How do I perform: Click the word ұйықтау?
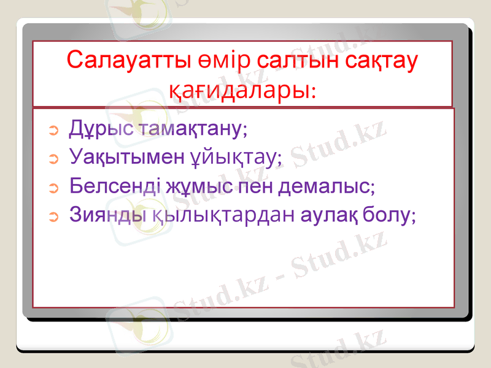(x=233, y=158)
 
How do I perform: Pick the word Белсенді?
(x=115, y=185)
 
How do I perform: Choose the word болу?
(x=387, y=215)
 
